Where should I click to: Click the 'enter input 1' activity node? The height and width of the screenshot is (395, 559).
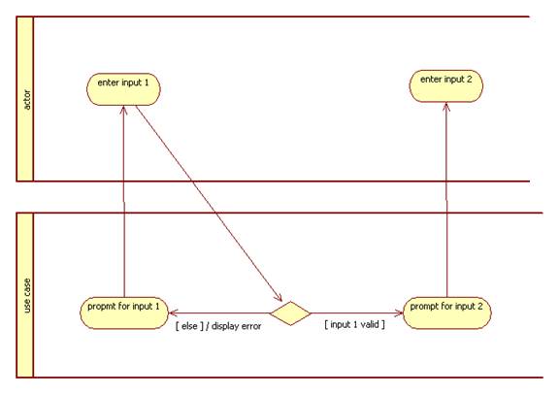(x=123, y=89)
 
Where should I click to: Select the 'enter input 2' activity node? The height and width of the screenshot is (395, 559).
(x=446, y=86)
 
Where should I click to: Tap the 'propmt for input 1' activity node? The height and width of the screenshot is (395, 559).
(x=124, y=313)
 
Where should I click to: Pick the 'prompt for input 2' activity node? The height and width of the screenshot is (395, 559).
(x=447, y=313)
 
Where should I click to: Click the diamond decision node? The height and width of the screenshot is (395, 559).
(x=290, y=313)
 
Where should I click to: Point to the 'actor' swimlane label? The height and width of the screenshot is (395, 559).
(x=27, y=99)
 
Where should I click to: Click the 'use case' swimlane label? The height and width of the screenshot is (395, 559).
(x=27, y=296)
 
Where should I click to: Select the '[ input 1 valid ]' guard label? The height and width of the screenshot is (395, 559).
(x=355, y=324)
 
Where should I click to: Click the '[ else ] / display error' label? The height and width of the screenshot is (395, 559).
(x=218, y=326)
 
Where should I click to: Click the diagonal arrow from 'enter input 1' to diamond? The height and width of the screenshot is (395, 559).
(x=209, y=204)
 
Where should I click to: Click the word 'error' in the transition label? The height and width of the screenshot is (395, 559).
(x=251, y=326)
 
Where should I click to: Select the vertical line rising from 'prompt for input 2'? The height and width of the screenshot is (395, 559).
(x=446, y=200)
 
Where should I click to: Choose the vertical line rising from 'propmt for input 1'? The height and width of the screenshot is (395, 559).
(x=124, y=202)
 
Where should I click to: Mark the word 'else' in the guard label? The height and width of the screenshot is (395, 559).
(x=189, y=326)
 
